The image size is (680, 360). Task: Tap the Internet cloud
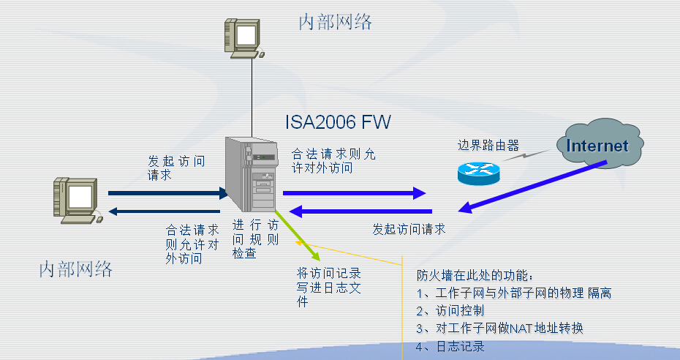click(597, 146)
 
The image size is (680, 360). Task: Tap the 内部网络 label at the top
click(336, 22)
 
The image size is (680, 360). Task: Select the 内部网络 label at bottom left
click(76, 269)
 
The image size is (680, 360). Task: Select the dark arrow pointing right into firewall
click(168, 194)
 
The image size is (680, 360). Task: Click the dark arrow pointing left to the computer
click(168, 212)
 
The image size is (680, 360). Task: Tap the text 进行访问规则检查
click(255, 239)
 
